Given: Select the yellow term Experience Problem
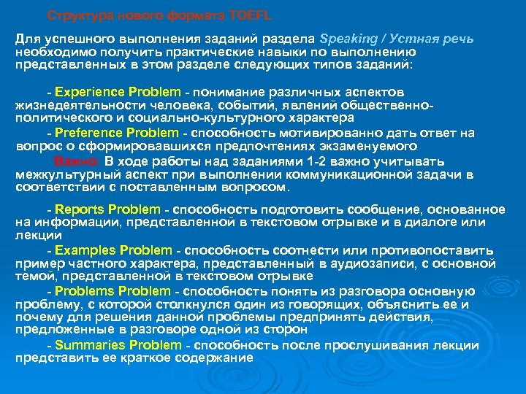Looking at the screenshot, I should (x=118, y=93).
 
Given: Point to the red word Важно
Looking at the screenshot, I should (x=77, y=162).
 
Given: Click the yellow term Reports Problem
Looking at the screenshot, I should (x=107, y=210).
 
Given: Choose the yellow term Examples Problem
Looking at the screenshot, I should (x=114, y=250).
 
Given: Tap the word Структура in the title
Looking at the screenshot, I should (x=81, y=15).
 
